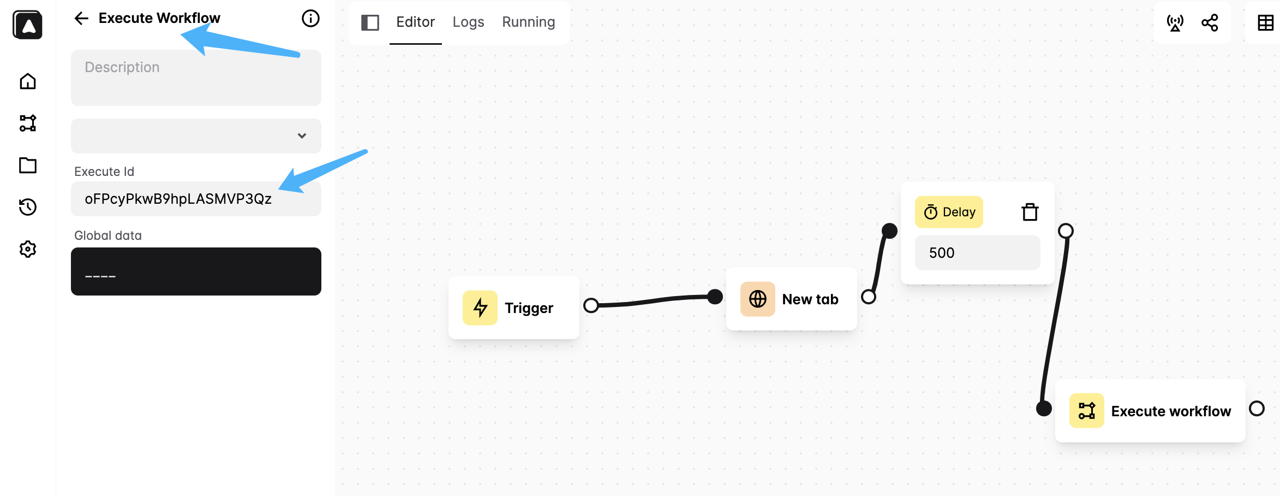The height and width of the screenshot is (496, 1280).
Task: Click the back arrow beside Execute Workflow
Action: pyautogui.click(x=81, y=19)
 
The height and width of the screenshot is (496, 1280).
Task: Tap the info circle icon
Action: pyautogui.click(x=310, y=19)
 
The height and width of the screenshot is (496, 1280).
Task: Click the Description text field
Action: pyautogui.click(x=196, y=78)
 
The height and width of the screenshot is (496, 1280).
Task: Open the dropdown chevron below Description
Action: pyautogui.click(x=302, y=136)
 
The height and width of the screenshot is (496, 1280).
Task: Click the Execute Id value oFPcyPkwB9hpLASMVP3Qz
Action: pyautogui.click(x=178, y=199)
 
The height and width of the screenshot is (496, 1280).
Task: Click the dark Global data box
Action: pyautogui.click(x=196, y=271)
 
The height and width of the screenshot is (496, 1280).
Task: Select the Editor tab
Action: pyautogui.click(x=415, y=22)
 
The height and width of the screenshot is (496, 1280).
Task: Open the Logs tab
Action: pyautogui.click(x=468, y=22)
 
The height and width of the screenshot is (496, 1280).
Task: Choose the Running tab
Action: pyautogui.click(x=528, y=22)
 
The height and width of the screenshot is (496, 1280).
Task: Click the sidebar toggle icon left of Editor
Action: pyautogui.click(x=370, y=22)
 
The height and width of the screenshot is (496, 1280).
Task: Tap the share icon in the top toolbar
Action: pyautogui.click(x=1210, y=22)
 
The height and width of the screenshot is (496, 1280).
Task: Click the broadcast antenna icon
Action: pyautogui.click(x=1175, y=22)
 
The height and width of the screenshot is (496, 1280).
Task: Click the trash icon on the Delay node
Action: pyautogui.click(x=1030, y=212)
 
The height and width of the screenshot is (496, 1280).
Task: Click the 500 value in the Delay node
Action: pyautogui.click(x=942, y=253)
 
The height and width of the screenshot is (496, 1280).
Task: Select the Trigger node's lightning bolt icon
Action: pyautogui.click(x=480, y=308)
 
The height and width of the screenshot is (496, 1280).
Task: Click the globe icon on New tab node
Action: pyautogui.click(x=757, y=299)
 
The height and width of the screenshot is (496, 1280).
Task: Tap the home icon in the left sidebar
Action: pyautogui.click(x=28, y=81)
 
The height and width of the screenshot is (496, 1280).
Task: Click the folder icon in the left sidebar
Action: pyautogui.click(x=28, y=165)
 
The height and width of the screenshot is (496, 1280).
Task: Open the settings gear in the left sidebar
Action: pyautogui.click(x=28, y=249)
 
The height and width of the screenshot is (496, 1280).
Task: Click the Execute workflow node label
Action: pyautogui.click(x=1171, y=411)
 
